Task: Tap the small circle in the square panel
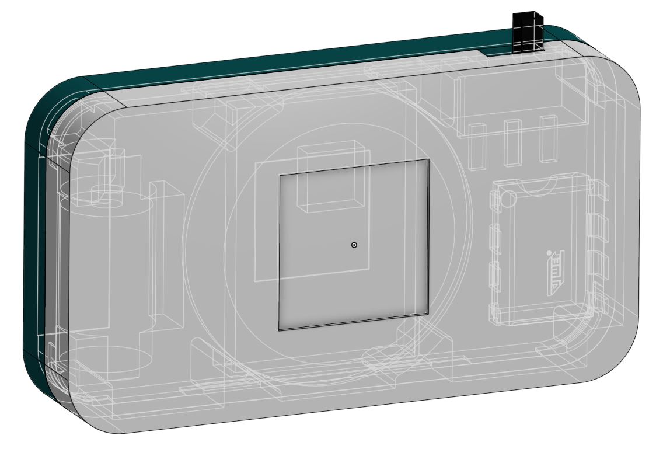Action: [354, 245]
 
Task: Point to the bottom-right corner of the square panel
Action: [428, 315]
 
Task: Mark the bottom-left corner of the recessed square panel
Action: [280, 329]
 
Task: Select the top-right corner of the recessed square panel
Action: [429, 160]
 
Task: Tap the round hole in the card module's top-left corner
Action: [508, 198]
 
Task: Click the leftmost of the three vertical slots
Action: [478, 146]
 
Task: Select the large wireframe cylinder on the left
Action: [108, 269]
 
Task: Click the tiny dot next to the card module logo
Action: [549, 253]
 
